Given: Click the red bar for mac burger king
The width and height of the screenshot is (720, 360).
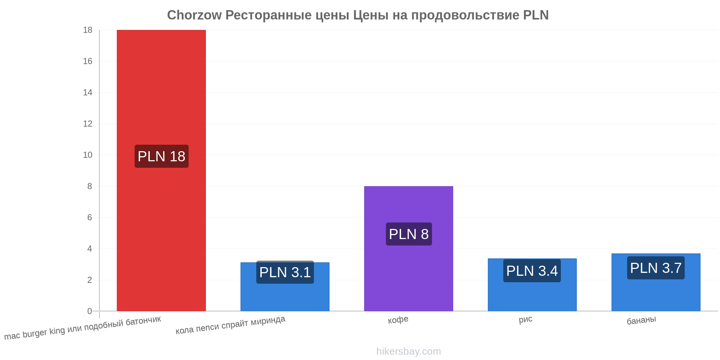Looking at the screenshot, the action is click(x=161, y=170).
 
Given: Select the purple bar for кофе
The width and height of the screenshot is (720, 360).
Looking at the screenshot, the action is click(x=409, y=248).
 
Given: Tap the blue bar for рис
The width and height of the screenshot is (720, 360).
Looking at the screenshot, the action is click(x=532, y=285).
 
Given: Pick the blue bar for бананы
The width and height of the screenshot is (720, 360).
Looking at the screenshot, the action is click(x=656, y=282).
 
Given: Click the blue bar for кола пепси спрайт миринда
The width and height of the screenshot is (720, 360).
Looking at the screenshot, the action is click(x=285, y=287).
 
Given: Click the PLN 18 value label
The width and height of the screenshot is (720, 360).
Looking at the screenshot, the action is click(x=162, y=156).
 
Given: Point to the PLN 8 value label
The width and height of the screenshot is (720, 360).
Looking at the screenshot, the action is click(x=409, y=234).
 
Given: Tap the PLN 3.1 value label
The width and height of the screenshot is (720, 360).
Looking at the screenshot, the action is click(x=285, y=272).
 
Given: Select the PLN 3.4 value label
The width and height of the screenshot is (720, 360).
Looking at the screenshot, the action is click(x=532, y=271).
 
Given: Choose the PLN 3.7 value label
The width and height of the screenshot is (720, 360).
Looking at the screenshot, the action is click(x=656, y=268).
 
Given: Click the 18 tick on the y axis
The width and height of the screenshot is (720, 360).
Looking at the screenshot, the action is click(x=88, y=30).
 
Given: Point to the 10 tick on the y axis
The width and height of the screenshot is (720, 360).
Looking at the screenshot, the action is click(x=88, y=155).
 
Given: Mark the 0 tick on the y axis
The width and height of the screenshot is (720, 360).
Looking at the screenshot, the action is click(x=90, y=311).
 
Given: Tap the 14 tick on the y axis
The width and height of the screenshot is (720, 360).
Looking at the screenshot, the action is click(x=88, y=93).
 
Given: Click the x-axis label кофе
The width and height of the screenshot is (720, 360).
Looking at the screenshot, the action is click(x=398, y=320).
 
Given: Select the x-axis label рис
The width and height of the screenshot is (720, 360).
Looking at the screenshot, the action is click(x=526, y=319).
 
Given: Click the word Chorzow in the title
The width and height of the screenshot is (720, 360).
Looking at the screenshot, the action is click(x=194, y=15).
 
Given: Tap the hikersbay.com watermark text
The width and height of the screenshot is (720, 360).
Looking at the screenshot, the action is click(x=409, y=351).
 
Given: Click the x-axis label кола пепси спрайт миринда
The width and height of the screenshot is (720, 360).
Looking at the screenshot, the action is click(x=230, y=325).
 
